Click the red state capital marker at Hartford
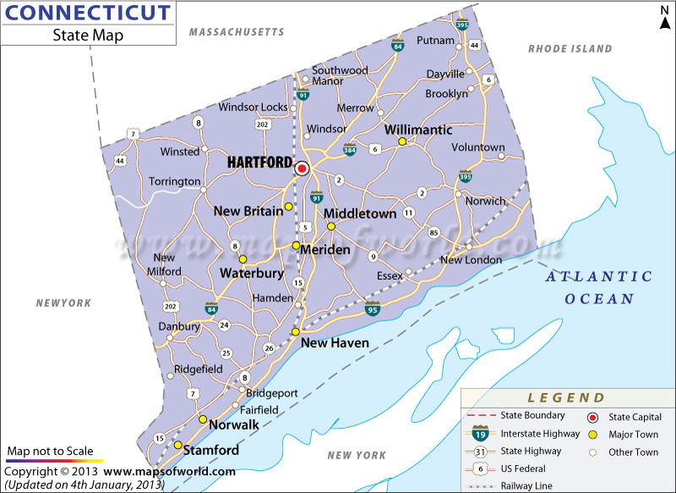(x=301, y=169)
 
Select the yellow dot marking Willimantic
(x=403, y=142)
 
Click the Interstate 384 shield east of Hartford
(x=350, y=151)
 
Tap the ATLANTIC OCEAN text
(x=599, y=288)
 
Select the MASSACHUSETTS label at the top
(x=237, y=32)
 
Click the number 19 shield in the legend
(x=479, y=434)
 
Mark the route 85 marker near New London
(x=434, y=233)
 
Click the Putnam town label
(x=435, y=40)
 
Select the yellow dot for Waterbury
(x=243, y=260)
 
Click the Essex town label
(x=390, y=275)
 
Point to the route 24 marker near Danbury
(x=224, y=325)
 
